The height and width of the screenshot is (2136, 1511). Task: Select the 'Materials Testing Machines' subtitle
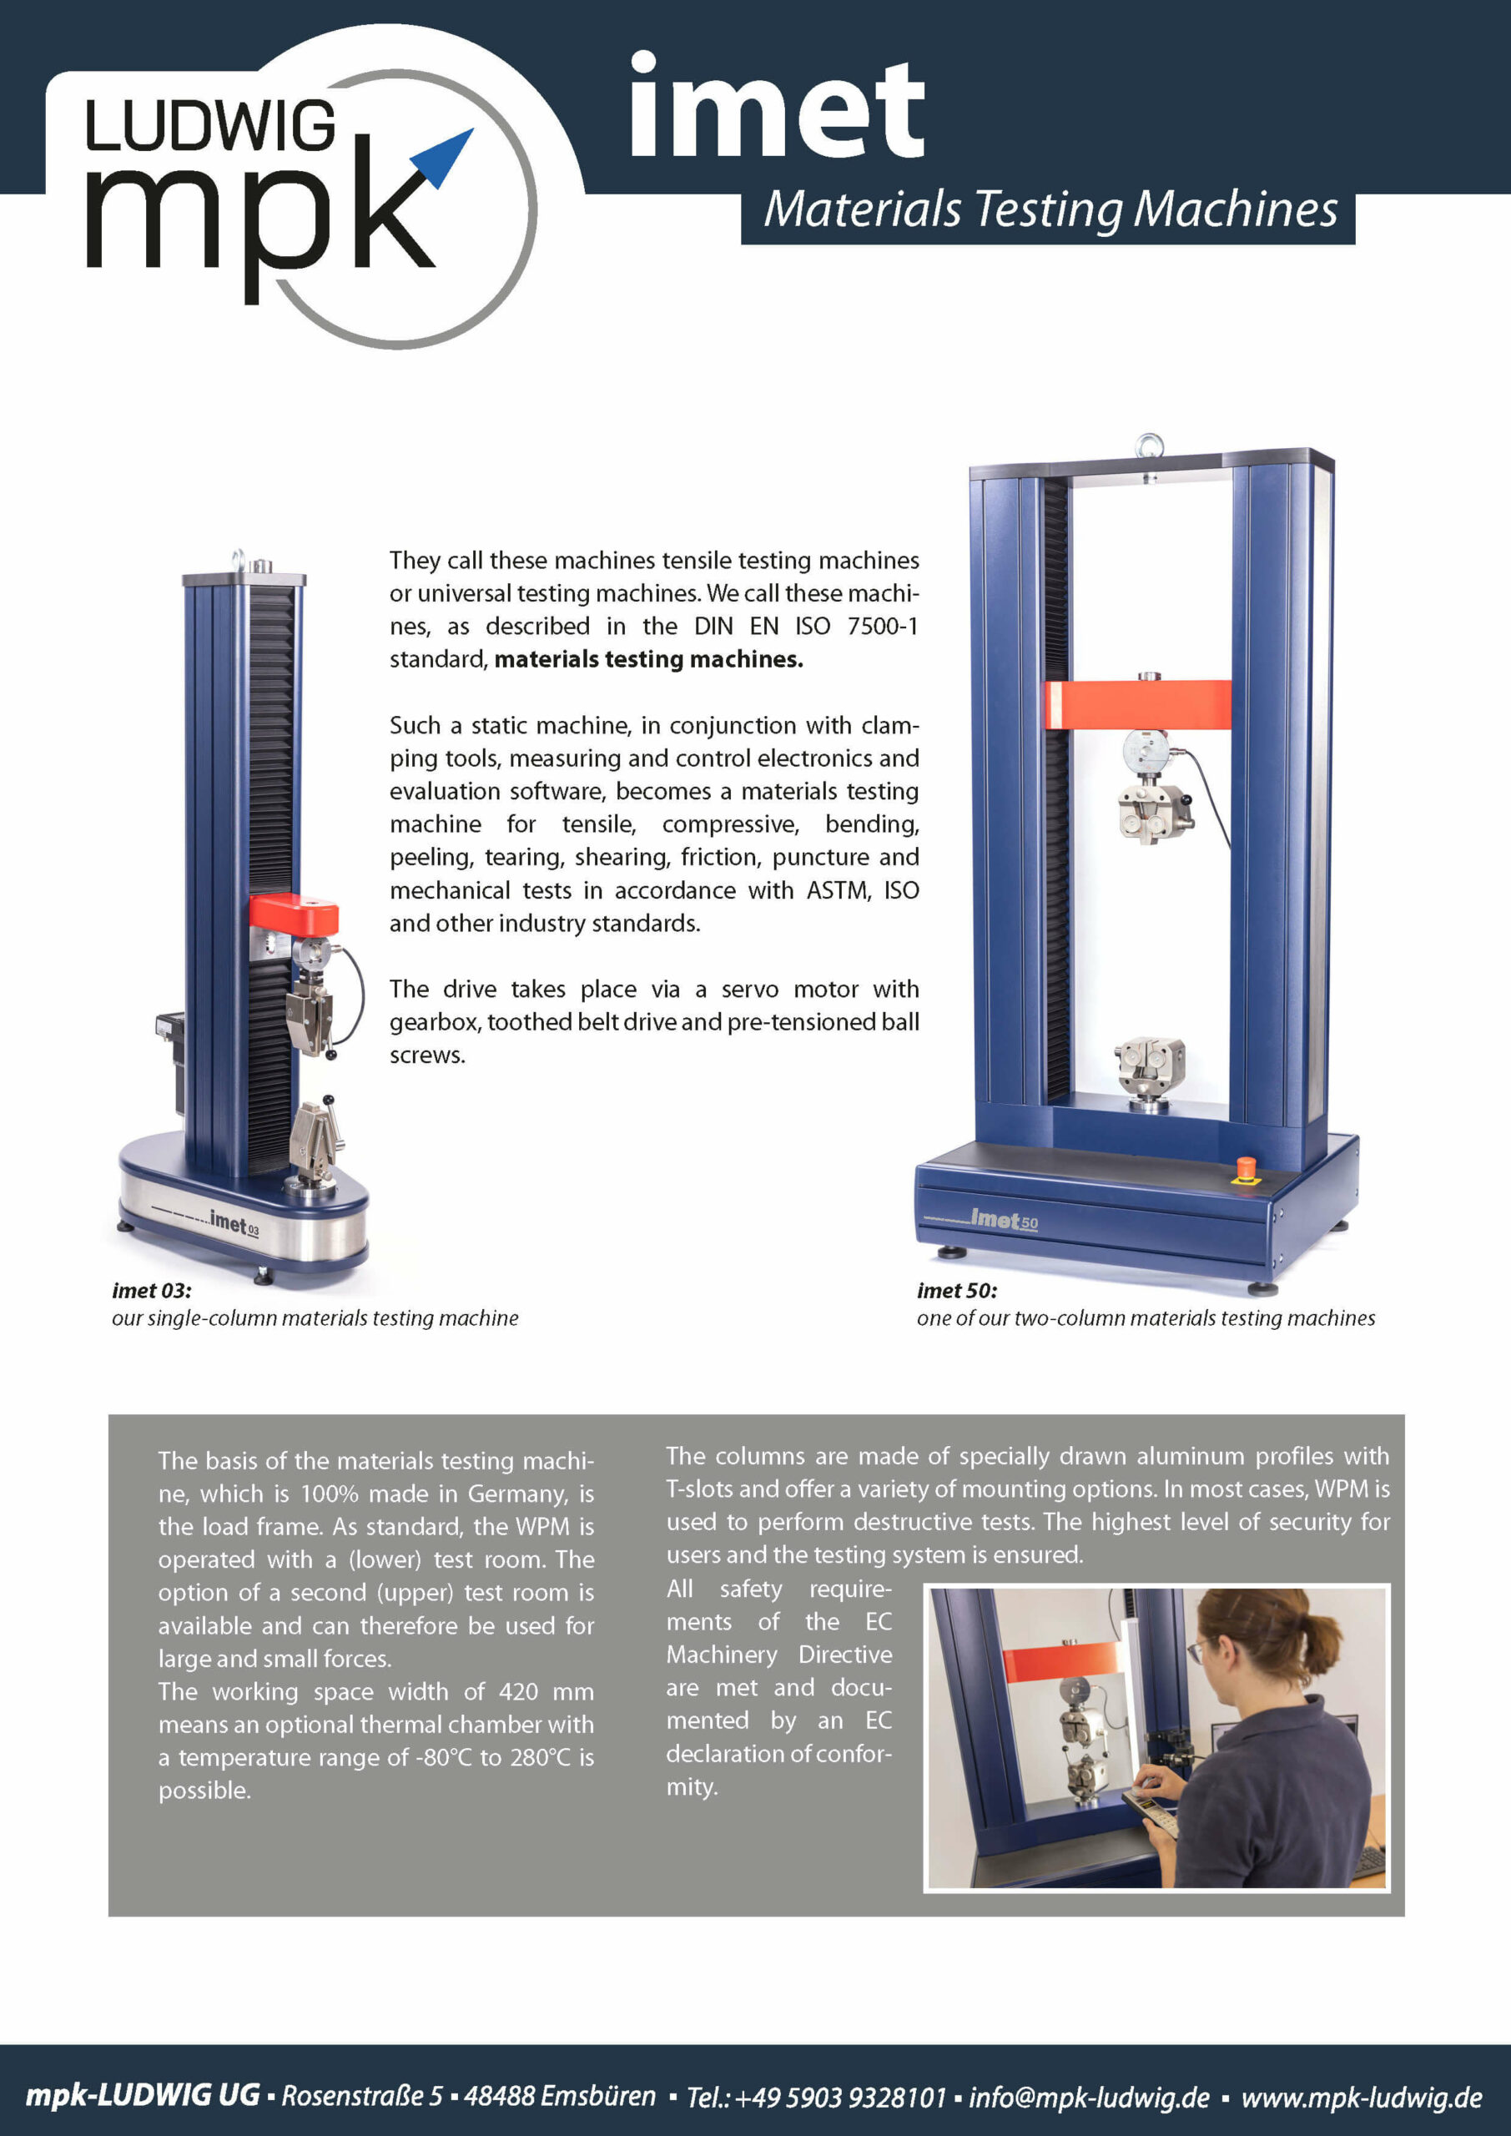click(x=1050, y=210)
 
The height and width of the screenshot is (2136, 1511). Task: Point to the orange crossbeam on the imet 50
click(x=1137, y=704)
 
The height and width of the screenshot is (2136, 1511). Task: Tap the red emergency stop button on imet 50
click(x=1244, y=1167)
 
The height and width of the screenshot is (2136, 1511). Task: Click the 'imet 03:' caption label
click(x=152, y=1290)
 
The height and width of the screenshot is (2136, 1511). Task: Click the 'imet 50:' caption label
click(x=956, y=1290)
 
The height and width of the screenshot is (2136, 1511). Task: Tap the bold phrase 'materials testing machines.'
click(x=648, y=660)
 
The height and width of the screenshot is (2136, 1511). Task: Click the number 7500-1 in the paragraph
click(x=882, y=626)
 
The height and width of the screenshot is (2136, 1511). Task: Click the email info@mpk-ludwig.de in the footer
click(x=1089, y=2097)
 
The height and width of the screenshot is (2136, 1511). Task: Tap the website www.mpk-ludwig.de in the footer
click(x=1361, y=2097)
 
